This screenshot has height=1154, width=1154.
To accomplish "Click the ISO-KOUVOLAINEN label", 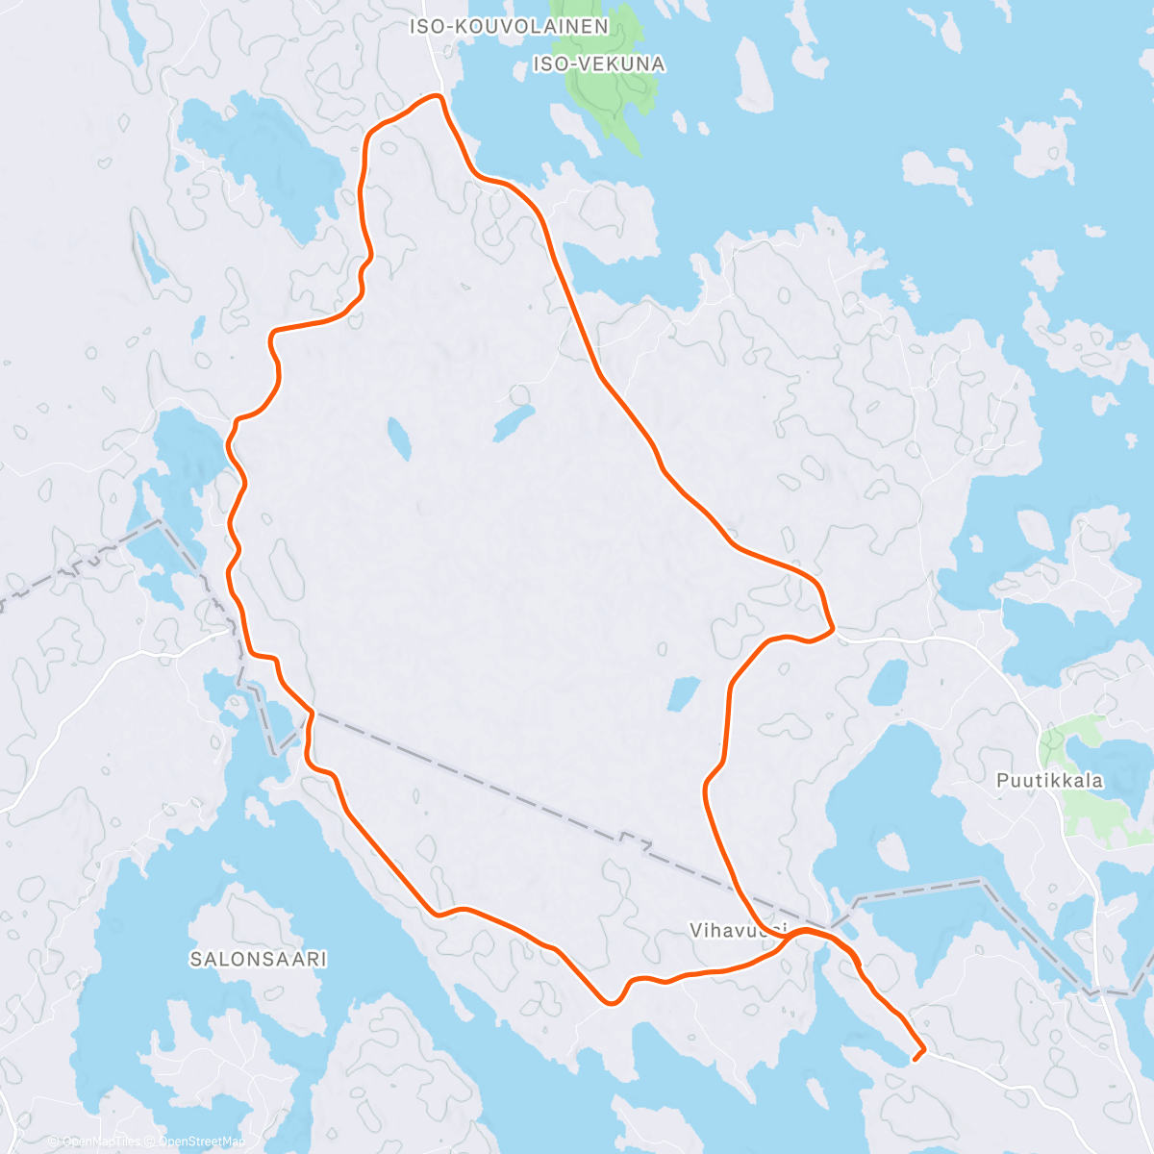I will (x=509, y=27).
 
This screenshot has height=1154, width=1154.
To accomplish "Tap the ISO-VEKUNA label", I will (x=598, y=64).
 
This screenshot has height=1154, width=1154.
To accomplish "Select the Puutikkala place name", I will (x=1049, y=781).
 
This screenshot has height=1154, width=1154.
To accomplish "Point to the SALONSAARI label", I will (x=258, y=959).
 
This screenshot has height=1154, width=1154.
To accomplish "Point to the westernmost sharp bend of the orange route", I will (x=229, y=444).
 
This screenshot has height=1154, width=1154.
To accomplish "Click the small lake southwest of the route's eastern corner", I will (x=684, y=692).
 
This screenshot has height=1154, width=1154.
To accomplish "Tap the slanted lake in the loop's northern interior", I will (x=514, y=421).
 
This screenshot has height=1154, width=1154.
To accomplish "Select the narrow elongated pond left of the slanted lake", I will (x=399, y=439).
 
